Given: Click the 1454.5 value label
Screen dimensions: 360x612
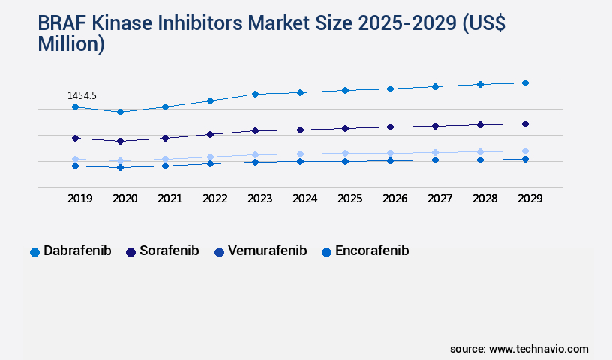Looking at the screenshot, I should (82, 96).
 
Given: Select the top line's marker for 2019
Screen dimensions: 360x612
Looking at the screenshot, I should (75, 107).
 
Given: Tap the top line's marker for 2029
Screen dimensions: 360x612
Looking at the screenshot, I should (525, 82).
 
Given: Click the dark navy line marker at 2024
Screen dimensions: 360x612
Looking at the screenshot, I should (300, 130).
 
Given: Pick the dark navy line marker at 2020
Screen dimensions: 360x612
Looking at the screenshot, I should (120, 141).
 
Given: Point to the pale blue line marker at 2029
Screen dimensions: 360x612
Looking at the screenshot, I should (525, 151).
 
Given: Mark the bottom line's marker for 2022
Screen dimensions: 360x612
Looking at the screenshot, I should (210, 163).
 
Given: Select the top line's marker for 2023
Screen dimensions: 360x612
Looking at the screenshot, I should (255, 94).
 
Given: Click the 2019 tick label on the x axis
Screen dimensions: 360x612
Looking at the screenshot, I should (80, 199).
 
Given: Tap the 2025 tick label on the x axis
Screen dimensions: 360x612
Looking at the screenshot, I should (350, 199).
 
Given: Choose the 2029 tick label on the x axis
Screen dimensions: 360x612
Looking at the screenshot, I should (530, 199).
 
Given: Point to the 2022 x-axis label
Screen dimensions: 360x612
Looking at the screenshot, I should (215, 199).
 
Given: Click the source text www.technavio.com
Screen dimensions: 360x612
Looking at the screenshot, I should (538, 349).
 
